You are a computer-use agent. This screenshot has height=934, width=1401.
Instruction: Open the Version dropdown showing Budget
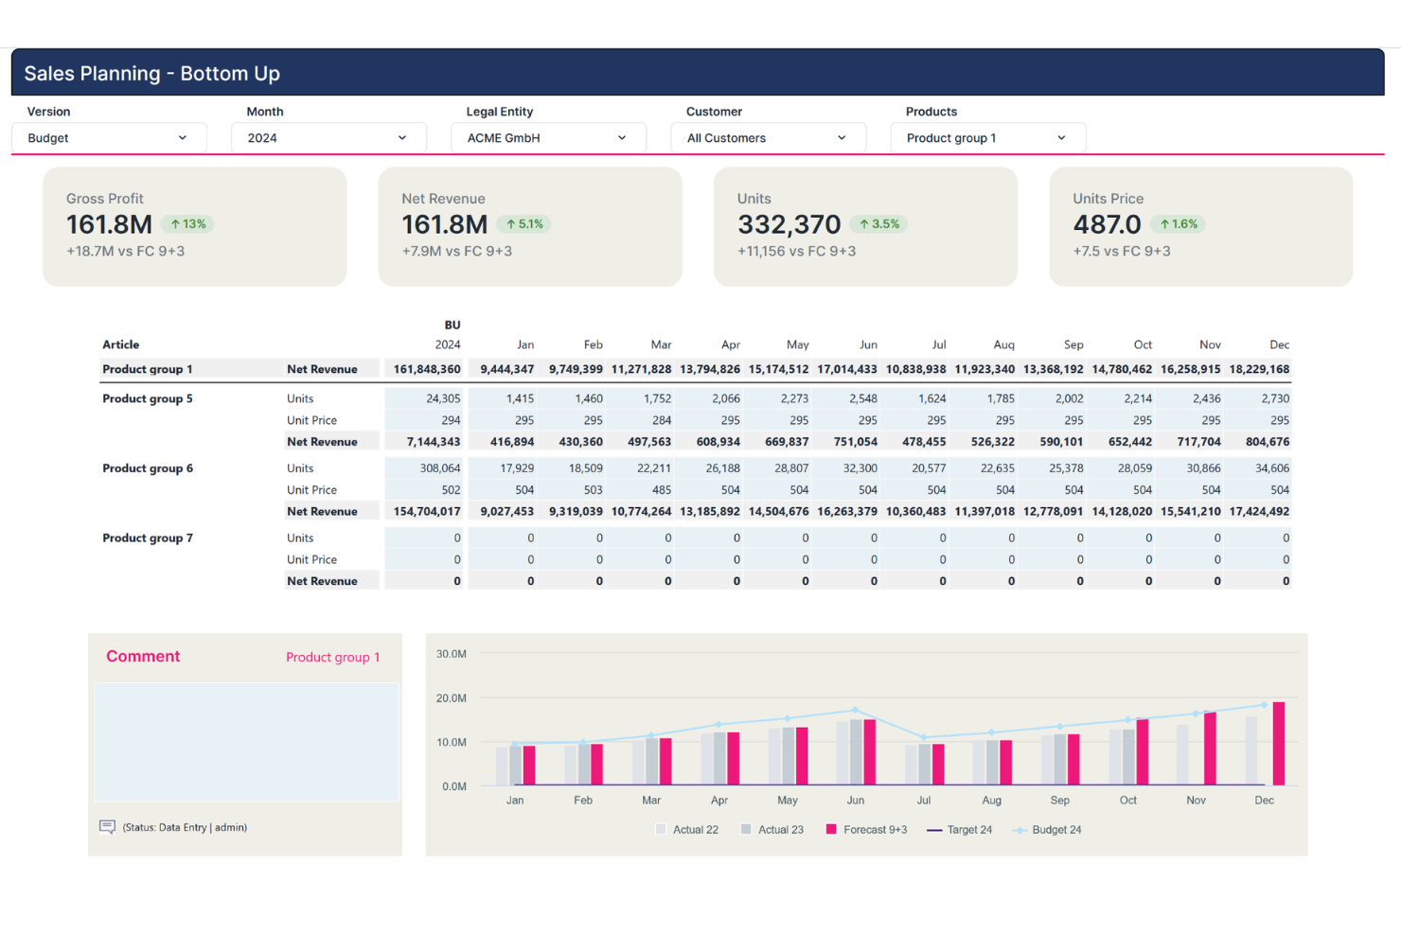point(109,137)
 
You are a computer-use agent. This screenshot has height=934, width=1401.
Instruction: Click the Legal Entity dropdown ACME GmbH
point(548,137)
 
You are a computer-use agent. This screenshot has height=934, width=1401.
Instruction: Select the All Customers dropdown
point(768,137)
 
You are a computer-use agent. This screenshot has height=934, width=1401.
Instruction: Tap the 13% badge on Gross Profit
point(187,224)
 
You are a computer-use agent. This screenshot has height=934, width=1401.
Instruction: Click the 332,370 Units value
point(789,224)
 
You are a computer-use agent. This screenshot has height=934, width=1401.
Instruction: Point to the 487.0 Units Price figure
point(1107,224)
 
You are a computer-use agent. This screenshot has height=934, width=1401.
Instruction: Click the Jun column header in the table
point(868,344)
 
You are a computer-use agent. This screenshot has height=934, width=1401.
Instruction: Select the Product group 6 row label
point(148,468)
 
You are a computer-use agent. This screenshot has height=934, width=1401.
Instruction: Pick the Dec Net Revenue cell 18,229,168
point(1259,369)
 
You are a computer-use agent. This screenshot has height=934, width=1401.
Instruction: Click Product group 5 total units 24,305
point(443,398)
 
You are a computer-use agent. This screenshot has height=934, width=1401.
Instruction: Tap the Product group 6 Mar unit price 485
point(661,489)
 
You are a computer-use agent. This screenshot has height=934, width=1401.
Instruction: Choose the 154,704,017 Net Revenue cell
point(427,511)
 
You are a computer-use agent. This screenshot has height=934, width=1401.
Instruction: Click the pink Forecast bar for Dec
point(1278,744)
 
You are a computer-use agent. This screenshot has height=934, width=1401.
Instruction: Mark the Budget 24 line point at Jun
point(855,710)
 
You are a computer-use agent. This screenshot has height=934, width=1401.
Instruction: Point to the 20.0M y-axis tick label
point(451,697)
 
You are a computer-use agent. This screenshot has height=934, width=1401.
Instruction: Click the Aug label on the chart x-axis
point(991,801)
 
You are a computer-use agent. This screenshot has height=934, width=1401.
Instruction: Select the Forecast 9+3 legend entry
point(866,830)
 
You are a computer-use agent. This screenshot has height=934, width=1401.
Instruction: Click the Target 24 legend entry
point(960,830)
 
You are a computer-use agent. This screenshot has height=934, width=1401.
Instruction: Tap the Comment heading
point(143,656)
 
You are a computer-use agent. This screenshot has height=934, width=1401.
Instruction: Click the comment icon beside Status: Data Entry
point(107,827)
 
